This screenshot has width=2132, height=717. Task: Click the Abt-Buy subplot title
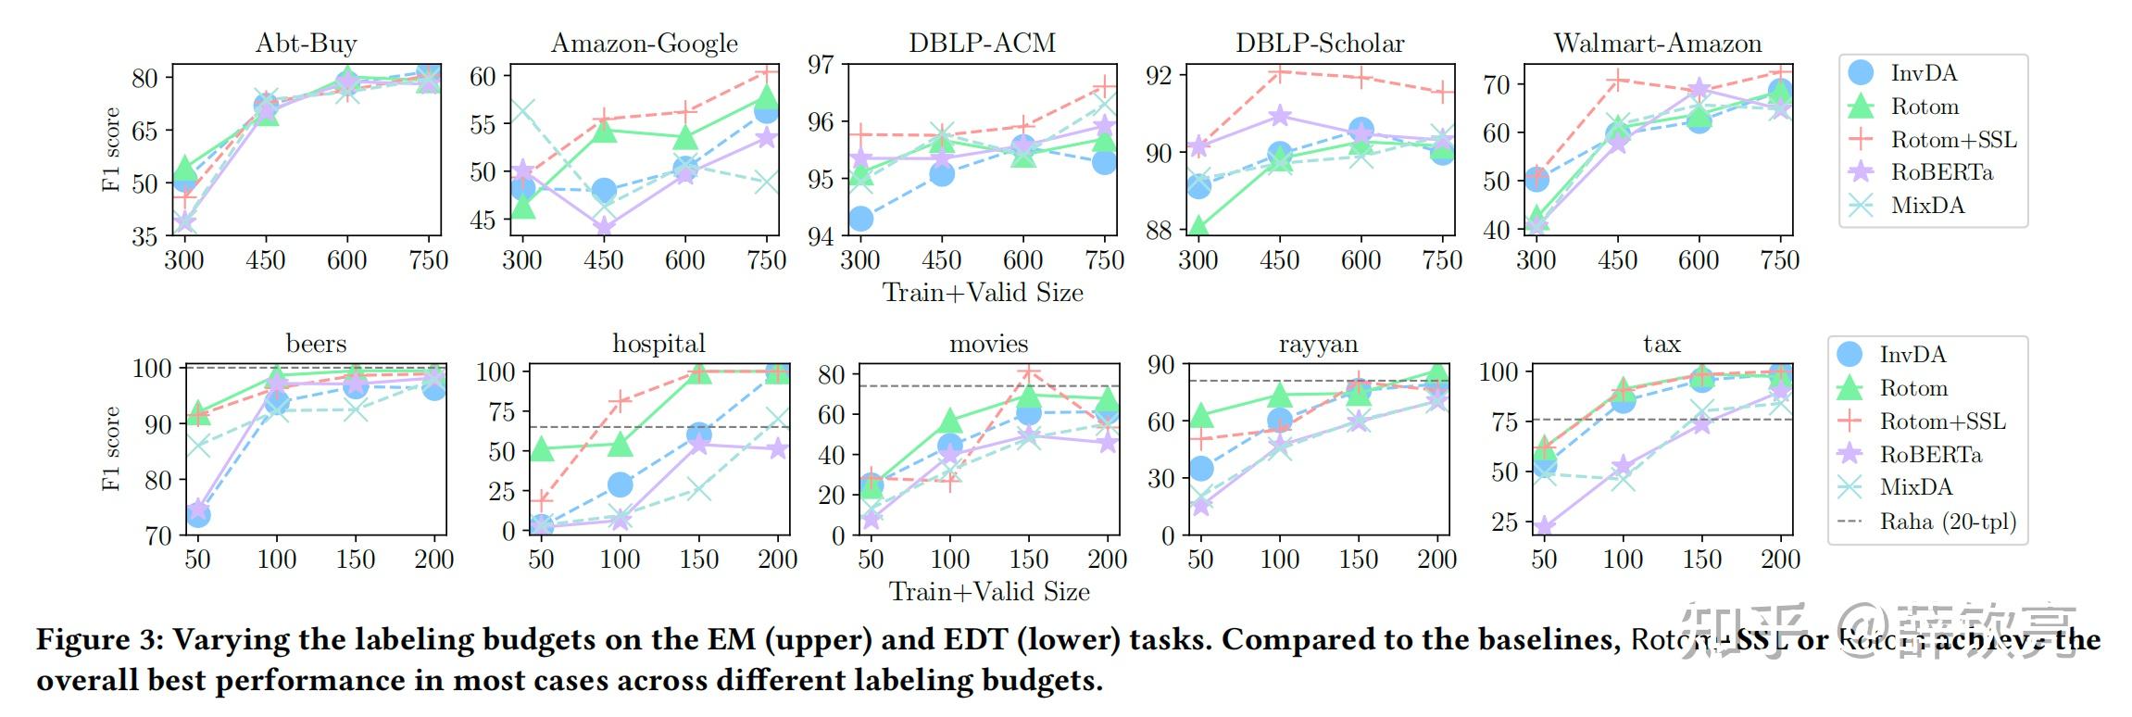point(306,44)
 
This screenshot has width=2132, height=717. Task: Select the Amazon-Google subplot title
point(645,44)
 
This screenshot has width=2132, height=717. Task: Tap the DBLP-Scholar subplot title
point(1320,44)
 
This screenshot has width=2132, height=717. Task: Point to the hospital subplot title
point(658,344)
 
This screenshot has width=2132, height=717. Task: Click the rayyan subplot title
point(1318,345)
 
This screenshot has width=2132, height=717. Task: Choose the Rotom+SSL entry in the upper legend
point(1952,140)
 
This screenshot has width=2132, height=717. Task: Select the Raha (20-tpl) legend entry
point(1947,522)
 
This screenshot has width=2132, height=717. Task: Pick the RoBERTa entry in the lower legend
point(1930,455)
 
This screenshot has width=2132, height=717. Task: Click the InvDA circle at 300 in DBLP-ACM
point(860,219)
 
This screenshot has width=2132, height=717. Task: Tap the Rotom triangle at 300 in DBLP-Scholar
point(1198,226)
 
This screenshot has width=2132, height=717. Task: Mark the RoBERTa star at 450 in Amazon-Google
point(604,226)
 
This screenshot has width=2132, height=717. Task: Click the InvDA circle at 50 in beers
point(197,514)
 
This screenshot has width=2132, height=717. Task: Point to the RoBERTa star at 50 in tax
point(1544,527)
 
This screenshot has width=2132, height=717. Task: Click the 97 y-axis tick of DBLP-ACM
point(821,65)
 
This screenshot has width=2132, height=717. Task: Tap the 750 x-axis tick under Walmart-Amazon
point(1779,260)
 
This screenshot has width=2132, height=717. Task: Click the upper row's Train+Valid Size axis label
point(983,293)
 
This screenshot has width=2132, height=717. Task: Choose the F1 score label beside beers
point(111,448)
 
